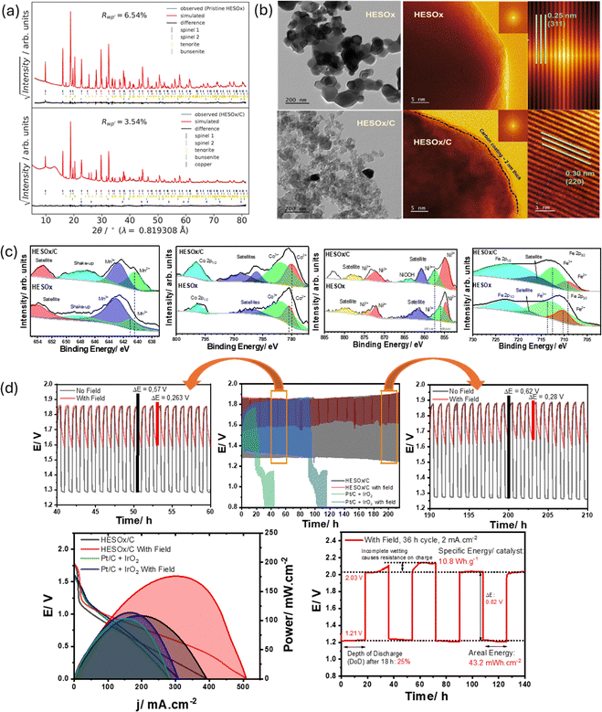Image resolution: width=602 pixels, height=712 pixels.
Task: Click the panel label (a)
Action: (x=13, y=13)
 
